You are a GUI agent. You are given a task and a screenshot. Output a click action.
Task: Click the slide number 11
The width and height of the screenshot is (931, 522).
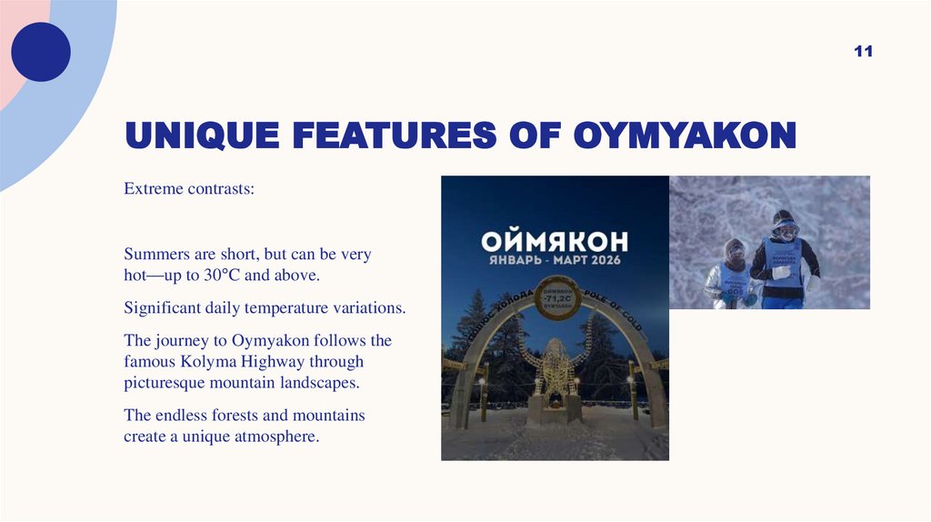(x=863, y=52)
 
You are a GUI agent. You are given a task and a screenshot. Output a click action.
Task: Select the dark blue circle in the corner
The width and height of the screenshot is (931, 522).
(x=41, y=52)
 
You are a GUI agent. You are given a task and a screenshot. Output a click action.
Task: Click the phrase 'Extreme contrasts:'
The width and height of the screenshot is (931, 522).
(x=189, y=191)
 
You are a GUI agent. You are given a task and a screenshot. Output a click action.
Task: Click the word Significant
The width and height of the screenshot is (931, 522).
(x=162, y=308)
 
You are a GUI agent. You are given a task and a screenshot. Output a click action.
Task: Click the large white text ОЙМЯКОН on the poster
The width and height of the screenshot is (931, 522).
(x=555, y=241)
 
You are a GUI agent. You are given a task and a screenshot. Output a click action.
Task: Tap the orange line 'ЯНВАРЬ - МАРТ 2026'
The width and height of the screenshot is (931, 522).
(x=555, y=261)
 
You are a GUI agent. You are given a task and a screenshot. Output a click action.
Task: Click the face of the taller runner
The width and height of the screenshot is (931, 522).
(x=785, y=228)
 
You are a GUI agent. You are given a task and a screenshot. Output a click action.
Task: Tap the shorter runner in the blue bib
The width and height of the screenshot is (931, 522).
(x=735, y=273)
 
